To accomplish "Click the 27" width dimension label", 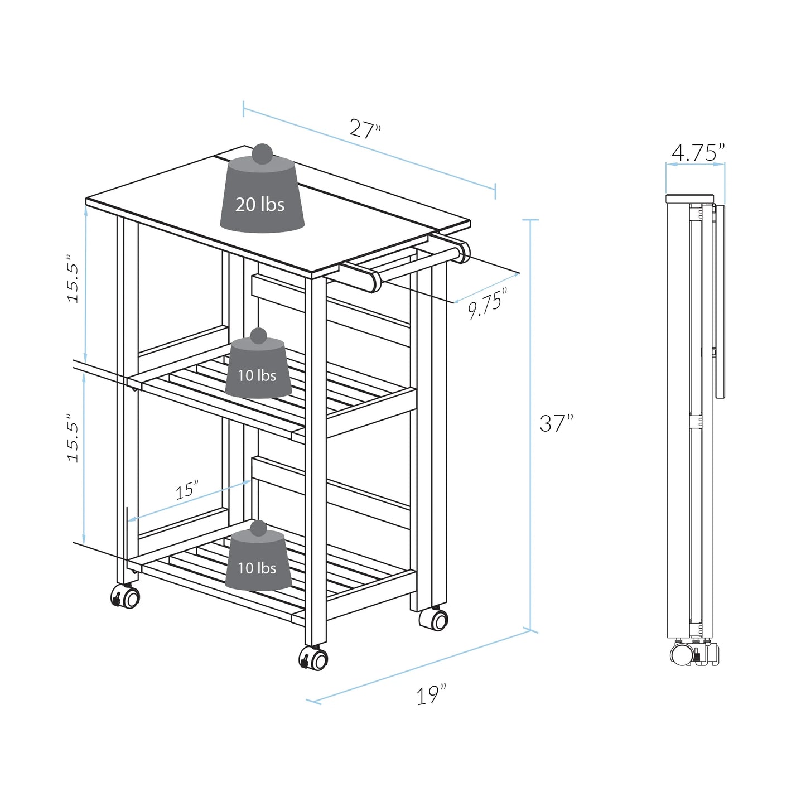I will pyautogui.click(x=365, y=129).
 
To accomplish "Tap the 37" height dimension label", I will pyautogui.click(x=556, y=424).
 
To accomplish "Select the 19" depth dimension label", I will pyautogui.click(x=432, y=696).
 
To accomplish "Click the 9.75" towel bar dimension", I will pyautogui.click(x=488, y=304).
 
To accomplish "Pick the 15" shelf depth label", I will pyautogui.click(x=187, y=490).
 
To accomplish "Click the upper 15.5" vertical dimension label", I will pyautogui.click(x=74, y=279).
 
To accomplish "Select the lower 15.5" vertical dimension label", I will pyautogui.click(x=74, y=438).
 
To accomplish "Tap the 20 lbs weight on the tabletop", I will pyautogui.click(x=261, y=204).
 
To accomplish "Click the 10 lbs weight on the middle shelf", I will pyautogui.click(x=257, y=375).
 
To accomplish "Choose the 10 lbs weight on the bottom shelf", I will pyautogui.click(x=257, y=567).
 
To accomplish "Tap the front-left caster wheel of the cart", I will pyautogui.click(x=126, y=597).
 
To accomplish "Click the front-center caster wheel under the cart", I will pyautogui.click(x=314, y=659).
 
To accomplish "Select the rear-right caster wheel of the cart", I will pyautogui.click(x=435, y=620).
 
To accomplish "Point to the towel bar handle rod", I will pyautogui.click(x=418, y=264).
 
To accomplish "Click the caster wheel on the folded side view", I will pyautogui.click(x=682, y=653).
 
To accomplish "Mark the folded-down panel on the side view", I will pyautogui.click(x=720, y=301).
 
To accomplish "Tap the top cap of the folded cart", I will pyautogui.click(x=689, y=199).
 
